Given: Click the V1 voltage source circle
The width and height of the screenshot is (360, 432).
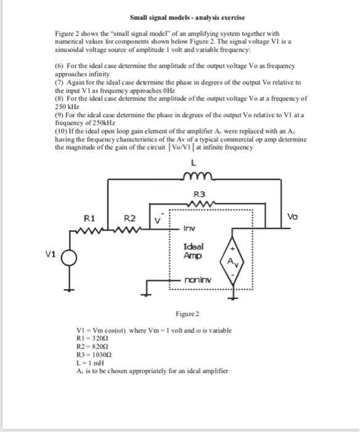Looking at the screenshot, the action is pyautogui.click(x=70, y=259).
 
